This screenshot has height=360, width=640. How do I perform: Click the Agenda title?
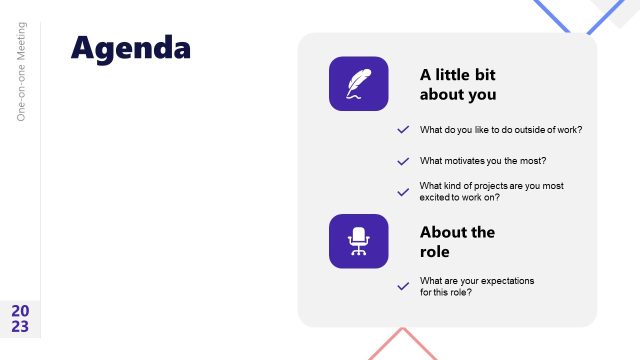pyautogui.click(x=130, y=47)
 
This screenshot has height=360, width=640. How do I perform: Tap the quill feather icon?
pyautogui.click(x=358, y=83)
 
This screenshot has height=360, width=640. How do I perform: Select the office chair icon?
pyautogui.click(x=358, y=241)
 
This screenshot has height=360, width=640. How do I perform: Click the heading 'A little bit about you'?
pyautogui.click(x=458, y=84)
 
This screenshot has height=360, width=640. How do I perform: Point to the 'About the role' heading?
pyautogui.click(x=457, y=242)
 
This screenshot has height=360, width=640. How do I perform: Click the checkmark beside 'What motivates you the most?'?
pyautogui.click(x=403, y=161)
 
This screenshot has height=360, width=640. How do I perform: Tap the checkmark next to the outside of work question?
pyautogui.click(x=403, y=130)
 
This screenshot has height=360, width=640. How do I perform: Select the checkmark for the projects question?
pyautogui.click(x=403, y=191)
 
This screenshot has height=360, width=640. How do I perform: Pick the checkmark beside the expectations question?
pyautogui.click(x=403, y=286)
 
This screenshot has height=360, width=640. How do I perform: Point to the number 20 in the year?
pyautogui.click(x=20, y=311)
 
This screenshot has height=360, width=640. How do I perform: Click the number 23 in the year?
pyautogui.click(x=20, y=327)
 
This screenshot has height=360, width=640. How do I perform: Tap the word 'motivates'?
pyautogui.click(x=470, y=161)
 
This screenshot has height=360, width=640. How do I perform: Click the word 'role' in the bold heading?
pyautogui.click(x=435, y=252)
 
